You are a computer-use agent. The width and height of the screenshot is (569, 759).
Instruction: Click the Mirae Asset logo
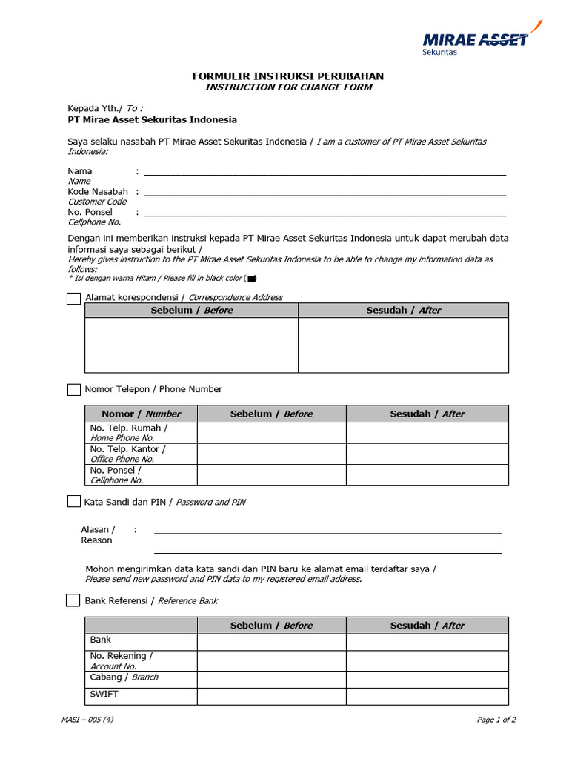pyautogui.click(x=475, y=41)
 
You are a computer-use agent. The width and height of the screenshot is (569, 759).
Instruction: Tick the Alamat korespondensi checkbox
pyautogui.click(x=74, y=298)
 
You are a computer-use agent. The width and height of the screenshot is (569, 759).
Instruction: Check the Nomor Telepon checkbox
pyautogui.click(x=74, y=389)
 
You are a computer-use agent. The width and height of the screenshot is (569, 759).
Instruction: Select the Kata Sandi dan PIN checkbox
pyautogui.click(x=74, y=502)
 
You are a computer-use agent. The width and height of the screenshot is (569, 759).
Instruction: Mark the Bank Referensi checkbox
pyautogui.click(x=73, y=600)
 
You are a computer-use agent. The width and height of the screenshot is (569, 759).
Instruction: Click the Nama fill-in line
pyautogui.click(x=325, y=172)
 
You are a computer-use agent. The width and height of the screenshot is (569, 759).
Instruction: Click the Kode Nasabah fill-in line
pyautogui.click(x=325, y=193)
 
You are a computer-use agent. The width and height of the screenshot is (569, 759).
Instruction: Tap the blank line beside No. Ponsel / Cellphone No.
pyautogui.click(x=325, y=213)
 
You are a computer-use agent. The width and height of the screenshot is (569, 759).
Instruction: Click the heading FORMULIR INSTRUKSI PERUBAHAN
pyautogui.click(x=288, y=76)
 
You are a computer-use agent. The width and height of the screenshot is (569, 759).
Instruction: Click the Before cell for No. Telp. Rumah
pyautogui.click(x=271, y=433)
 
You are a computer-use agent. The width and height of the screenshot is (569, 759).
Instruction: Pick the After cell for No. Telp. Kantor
pyautogui.click(x=427, y=454)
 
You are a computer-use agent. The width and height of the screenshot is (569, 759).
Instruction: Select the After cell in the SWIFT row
pyautogui.click(x=427, y=697)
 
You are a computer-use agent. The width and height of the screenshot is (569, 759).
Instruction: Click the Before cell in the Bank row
pyautogui.click(x=271, y=642)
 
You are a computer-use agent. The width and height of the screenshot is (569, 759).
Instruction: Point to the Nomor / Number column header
pyautogui.click(x=141, y=414)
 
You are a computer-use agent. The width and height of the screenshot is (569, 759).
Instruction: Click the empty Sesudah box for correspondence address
pyautogui.click(x=403, y=345)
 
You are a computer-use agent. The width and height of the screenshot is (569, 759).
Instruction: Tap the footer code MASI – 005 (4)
pyautogui.click(x=87, y=720)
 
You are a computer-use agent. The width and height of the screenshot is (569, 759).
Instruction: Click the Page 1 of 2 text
pyautogui.click(x=496, y=720)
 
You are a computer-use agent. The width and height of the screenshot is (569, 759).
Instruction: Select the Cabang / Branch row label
pyautogui.click(x=124, y=677)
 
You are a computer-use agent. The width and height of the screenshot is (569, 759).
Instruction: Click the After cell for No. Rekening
pyautogui.click(x=427, y=660)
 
